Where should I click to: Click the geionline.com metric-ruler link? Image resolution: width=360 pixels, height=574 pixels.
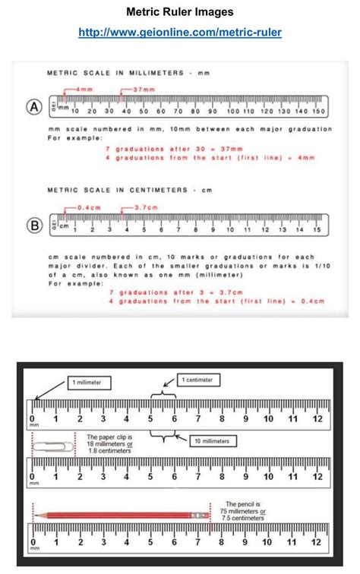click(x=179, y=32)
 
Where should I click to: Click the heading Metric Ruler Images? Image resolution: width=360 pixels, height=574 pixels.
click(x=180, y=12)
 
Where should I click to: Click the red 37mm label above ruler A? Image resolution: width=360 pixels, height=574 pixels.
click(x=144, y=90)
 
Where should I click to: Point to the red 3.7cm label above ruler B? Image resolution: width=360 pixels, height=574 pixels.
click(x=146, y=207)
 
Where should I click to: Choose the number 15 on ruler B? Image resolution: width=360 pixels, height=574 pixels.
click(x=318, y=229)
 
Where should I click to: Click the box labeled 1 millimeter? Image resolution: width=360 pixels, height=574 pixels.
click(x=90, y=382)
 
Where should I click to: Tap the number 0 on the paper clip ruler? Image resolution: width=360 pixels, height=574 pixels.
click(x=32, y=478)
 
